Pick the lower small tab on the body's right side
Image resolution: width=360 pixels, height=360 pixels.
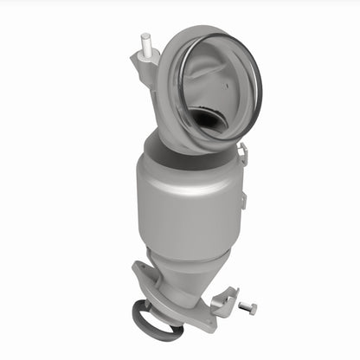pos(242,202)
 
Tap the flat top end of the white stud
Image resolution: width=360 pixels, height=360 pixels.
pos(145,36)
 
